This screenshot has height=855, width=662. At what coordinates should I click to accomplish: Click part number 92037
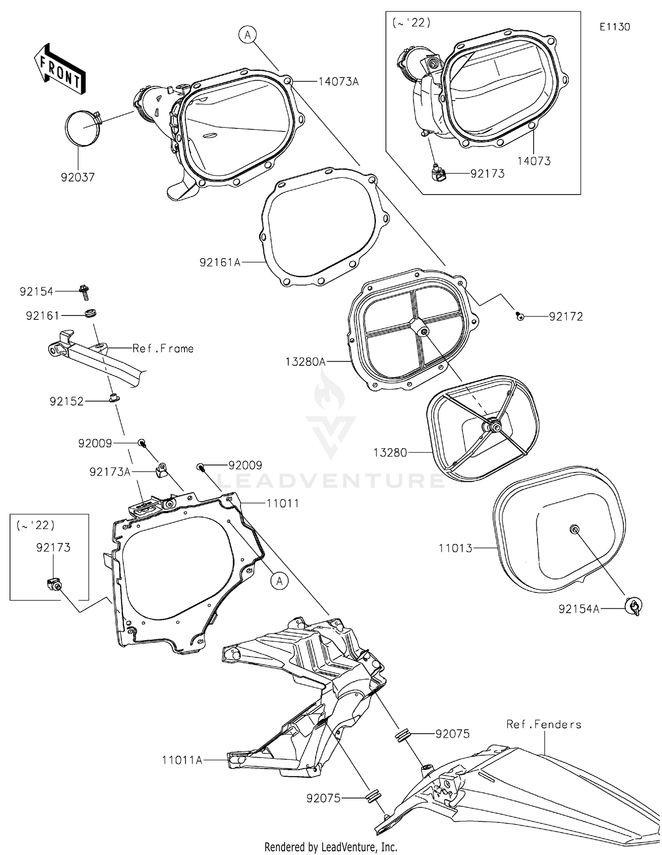click(78, 177)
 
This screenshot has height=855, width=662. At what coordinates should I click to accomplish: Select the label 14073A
click(339, 82)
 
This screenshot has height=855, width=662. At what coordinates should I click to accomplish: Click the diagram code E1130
click(614, 27)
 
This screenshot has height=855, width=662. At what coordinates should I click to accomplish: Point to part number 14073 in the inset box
click(534, 161)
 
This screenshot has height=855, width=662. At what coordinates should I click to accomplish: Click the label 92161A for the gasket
click(220, 262)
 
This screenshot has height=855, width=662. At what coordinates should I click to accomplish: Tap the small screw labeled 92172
click(520, 316)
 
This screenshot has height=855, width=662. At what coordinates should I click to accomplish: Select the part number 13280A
click(305, 362)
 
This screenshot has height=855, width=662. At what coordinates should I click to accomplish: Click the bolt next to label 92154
click(84, 292)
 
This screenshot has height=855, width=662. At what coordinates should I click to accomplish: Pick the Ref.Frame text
click(163, 349)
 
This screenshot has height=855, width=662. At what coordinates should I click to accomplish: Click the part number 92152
click(67, 401)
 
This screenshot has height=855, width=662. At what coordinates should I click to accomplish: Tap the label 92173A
click(110, 472)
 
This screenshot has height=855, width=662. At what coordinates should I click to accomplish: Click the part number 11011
click(282, 503)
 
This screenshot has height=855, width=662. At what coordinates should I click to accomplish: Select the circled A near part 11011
click(279, 581)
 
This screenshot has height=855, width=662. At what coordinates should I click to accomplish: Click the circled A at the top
click(248, 34)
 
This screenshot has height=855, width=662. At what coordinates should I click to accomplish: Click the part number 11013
click(455, 548)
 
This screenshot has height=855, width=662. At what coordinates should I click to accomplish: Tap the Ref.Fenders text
click(544, 724)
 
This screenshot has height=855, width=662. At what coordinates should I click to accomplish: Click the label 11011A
click(182, 760)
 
